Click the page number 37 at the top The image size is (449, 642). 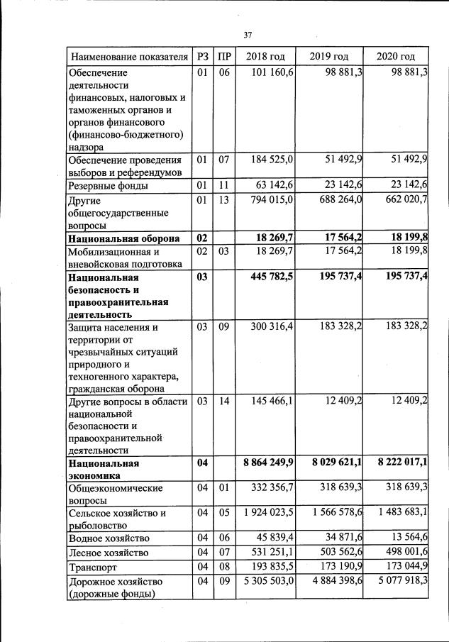pos(248,35)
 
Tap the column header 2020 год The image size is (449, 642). pos(396,56)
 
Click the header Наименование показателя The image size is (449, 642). pos(128,56)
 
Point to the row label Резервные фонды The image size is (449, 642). pos(108,186)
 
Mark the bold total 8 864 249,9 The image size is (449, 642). pos(268,462)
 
